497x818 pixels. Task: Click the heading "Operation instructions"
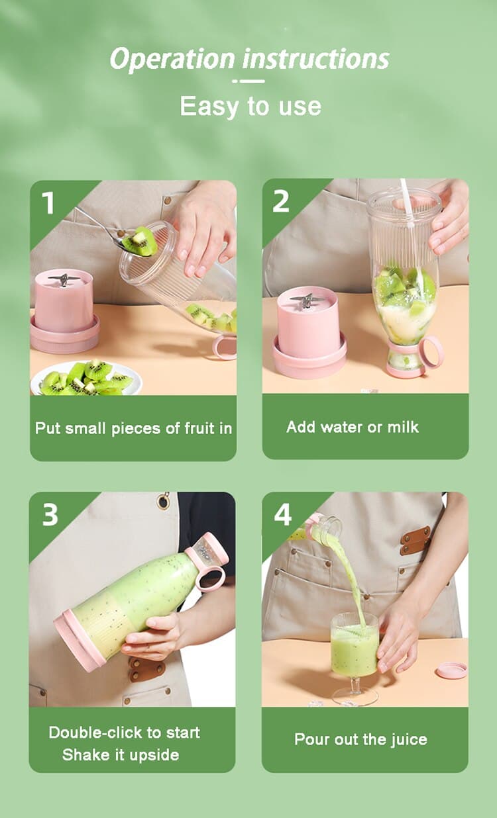click(249, 59)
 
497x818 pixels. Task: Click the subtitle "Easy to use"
click(250, 106)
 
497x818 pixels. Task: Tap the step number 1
click(48, 203)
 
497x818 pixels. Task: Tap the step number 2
click(281, 202)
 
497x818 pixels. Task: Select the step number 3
click(50, 515)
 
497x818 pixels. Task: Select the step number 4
click(282, 514)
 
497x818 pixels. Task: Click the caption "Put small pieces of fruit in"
click(133, 428)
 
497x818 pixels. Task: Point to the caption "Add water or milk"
click(352, 427)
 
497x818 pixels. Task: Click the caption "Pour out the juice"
click(360, 739)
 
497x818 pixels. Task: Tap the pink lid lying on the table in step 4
click(452, 670)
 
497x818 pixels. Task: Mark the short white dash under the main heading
click(248, 81)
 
